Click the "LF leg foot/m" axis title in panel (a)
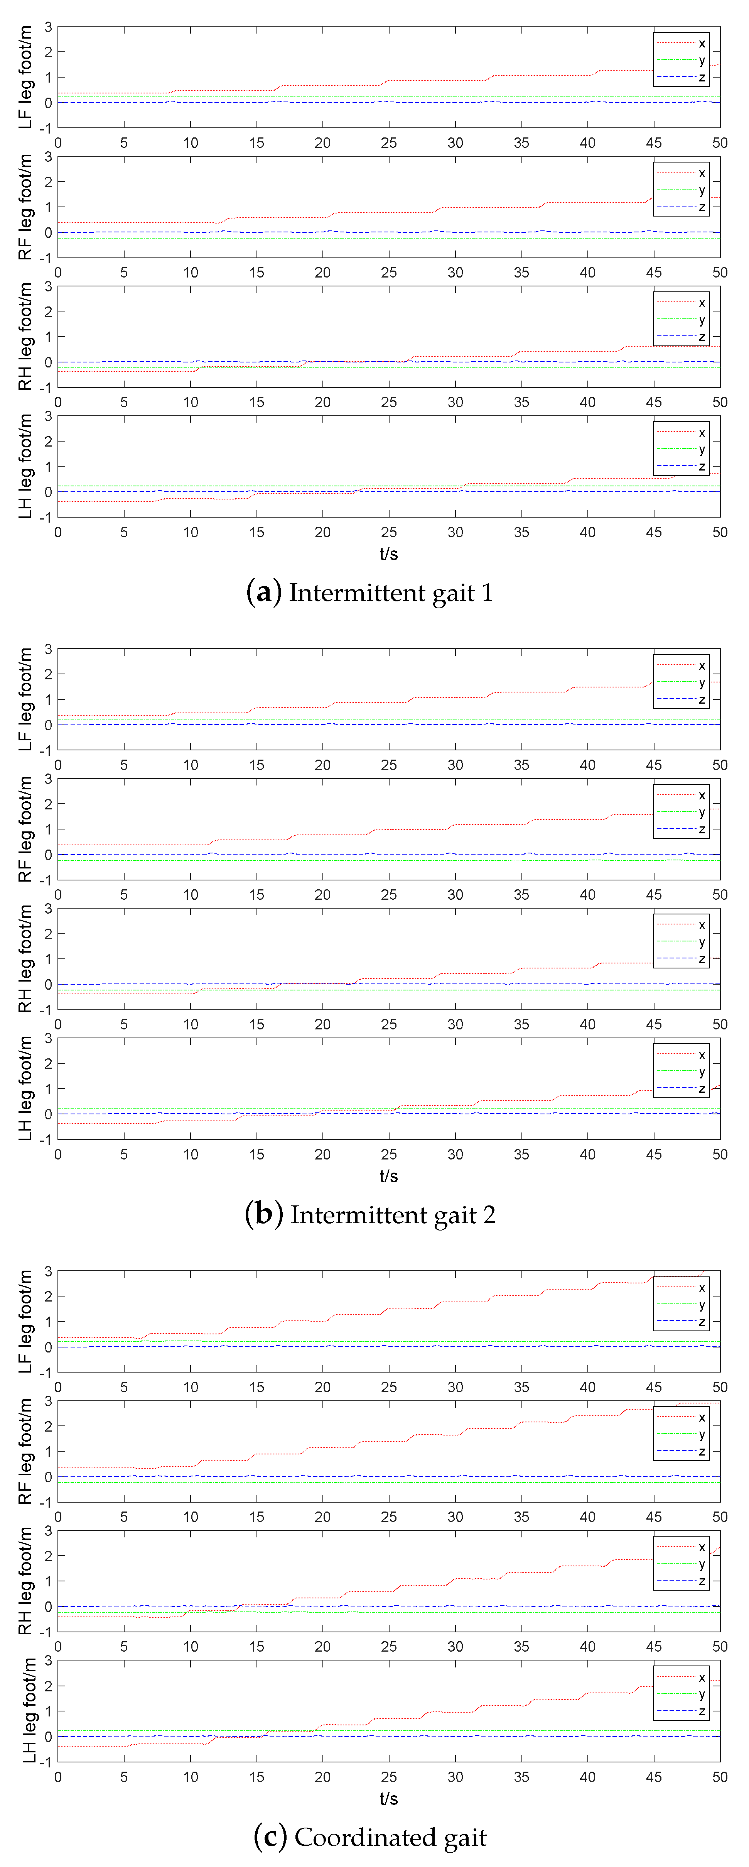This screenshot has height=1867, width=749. pyautogui.click(x=25, y=78)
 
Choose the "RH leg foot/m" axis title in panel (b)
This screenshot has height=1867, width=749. pyautogui.click(x=25, y=959)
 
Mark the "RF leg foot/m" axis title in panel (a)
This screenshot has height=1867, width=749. pyautogui.click(x=25, y=207)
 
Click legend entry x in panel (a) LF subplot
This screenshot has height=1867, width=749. pyautogui.click(x=701, y=44)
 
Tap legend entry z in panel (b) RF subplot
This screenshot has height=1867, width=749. pyautogui.click(x=701, y=829)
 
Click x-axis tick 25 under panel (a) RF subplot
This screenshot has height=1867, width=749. pyautogui.click(x=389, y=273)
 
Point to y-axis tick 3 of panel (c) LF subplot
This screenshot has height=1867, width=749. pyautogui.click(x=48, y=1271)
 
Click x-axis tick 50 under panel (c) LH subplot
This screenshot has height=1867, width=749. pyautogui.click(x=719, y=1777)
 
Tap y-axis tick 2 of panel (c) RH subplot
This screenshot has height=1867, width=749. pyautogui.click(x=48, y=1556)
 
